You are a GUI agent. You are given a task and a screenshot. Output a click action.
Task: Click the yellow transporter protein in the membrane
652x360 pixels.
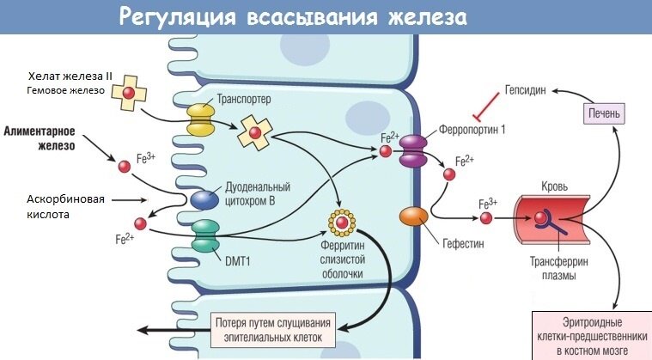[200, 119]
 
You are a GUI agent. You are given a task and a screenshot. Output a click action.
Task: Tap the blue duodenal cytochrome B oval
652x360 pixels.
[204, 199]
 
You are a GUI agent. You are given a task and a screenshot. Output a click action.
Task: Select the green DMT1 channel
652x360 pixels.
[205, 236]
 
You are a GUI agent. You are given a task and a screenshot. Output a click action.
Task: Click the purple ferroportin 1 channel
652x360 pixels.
[413, 150]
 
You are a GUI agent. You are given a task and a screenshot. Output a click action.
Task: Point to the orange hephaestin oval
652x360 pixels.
[414, 217]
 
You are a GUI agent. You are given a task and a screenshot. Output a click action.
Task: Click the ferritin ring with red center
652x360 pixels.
[342, 223]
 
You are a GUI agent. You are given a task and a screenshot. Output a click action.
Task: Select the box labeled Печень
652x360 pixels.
[604, 113]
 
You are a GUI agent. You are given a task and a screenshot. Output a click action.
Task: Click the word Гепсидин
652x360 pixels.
[525, 90]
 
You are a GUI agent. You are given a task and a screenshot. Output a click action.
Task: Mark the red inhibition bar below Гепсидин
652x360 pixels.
[486, 106]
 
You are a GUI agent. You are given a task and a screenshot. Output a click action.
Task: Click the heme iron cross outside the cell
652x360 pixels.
[129, 93]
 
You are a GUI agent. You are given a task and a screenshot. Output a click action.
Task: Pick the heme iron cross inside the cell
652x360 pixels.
[255, 133]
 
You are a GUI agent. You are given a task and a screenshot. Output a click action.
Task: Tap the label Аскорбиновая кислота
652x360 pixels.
[65, 206]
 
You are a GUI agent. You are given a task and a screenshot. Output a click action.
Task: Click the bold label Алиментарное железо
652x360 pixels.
[40, 138]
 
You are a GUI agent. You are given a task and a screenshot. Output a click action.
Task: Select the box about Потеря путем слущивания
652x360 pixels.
[273, 330]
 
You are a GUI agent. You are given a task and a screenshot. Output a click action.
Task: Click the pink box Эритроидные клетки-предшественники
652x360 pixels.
[592, 336]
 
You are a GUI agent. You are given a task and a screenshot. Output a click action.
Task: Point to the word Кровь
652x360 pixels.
[554, 186]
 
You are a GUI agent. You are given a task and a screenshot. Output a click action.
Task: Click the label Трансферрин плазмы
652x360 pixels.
[559, 269]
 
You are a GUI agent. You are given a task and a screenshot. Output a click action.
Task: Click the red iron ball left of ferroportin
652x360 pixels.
[386, 151]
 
